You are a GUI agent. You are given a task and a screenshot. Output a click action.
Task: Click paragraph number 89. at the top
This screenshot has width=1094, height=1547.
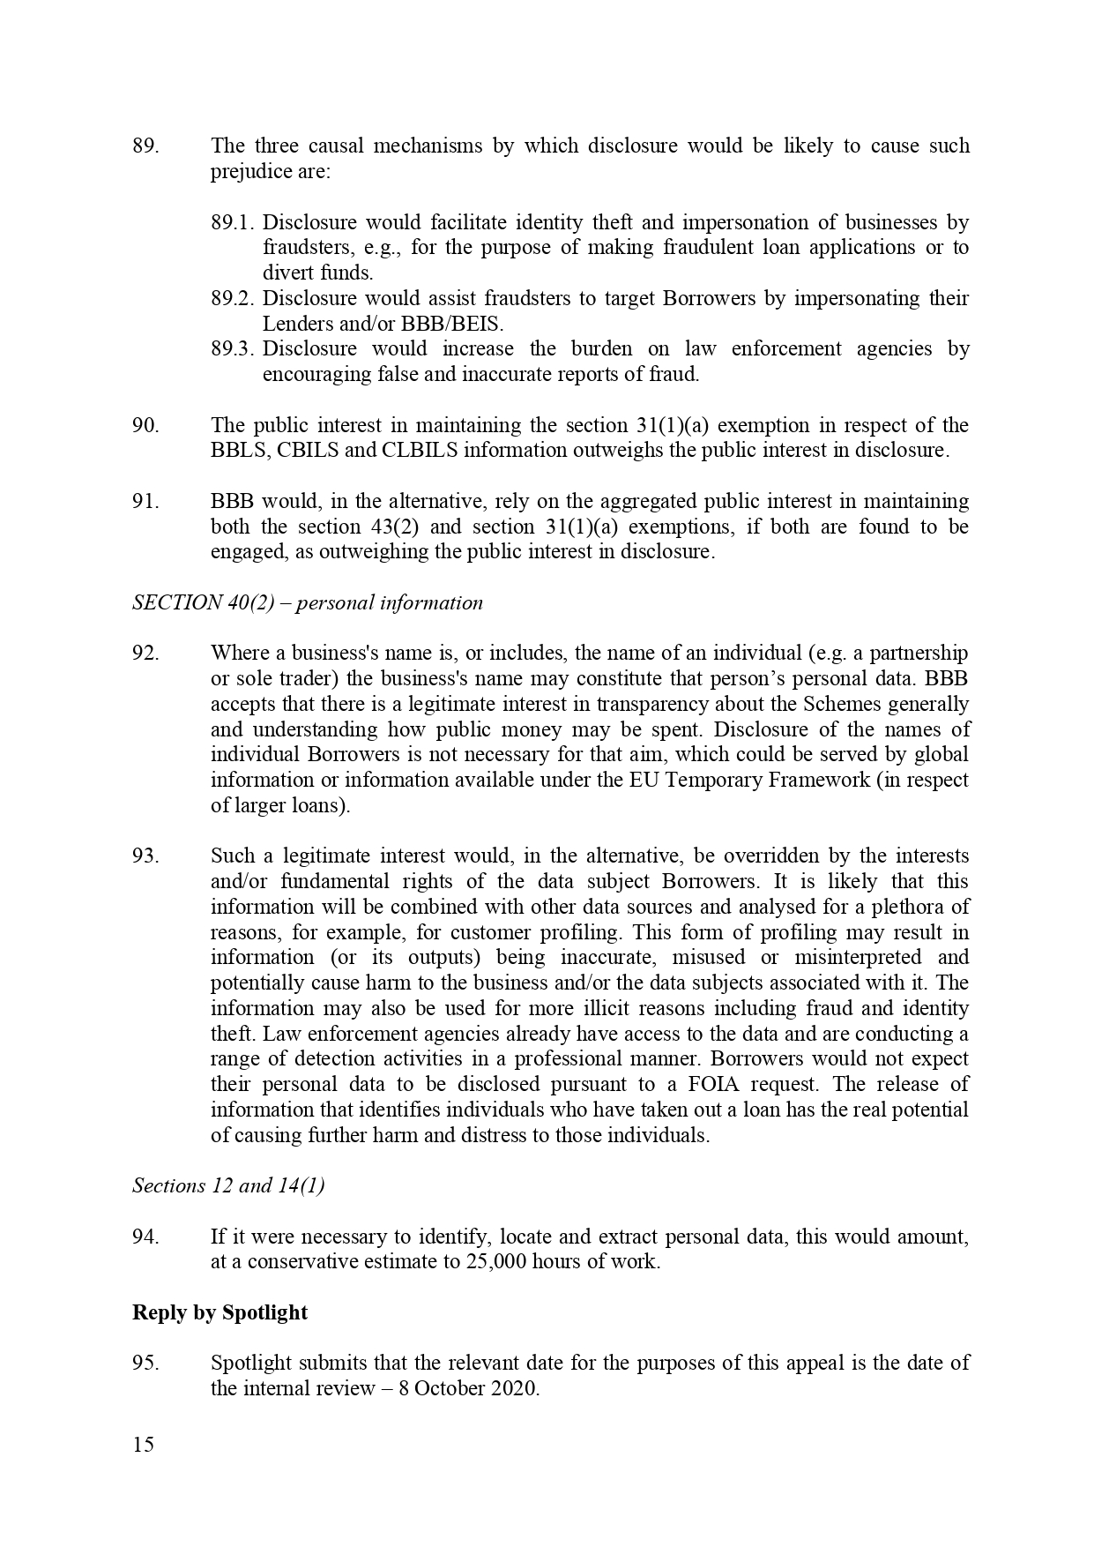coord(145,146)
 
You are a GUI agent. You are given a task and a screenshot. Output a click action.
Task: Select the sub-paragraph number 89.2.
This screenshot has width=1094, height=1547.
coord(233,298)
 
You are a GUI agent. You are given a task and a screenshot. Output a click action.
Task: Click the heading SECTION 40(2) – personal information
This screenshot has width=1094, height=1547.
coord(308,602)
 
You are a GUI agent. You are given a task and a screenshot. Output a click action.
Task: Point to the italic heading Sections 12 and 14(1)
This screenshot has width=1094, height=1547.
coord(228,1185)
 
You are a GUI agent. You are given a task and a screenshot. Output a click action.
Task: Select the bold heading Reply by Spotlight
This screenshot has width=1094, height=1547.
coord(220,1312)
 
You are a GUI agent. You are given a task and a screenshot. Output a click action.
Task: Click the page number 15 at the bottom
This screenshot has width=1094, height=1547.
coord(143,1445)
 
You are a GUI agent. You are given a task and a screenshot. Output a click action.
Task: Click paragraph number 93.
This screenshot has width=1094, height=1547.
coord(145,856)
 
